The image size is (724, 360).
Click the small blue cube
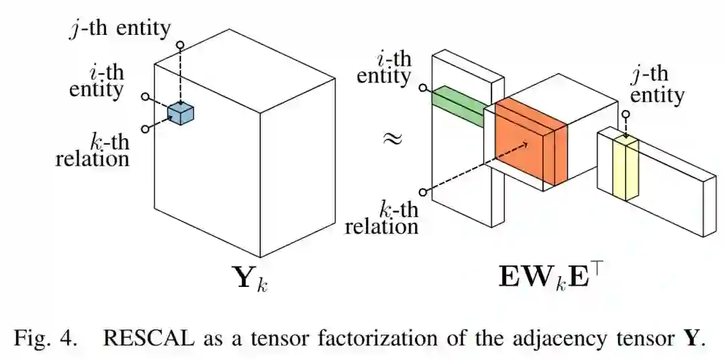tap(180, 114)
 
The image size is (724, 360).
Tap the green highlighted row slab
tap(457, 106)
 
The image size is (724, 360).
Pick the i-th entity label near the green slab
tap(383, 67)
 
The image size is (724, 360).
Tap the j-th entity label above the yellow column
tap(657, 84)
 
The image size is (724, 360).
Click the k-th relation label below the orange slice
tap(381, 217)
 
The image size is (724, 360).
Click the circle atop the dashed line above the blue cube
tap(180, 46)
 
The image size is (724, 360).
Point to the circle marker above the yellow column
tap(625, 115)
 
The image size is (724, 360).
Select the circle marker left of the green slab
tap(422, 88)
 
